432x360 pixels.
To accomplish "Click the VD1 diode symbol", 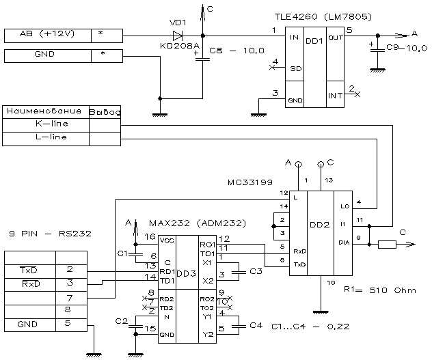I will point(178,36).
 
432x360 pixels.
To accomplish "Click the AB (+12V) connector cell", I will point(46,34).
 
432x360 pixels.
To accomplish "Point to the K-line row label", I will point(46,124).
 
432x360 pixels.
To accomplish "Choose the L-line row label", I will point(46,138).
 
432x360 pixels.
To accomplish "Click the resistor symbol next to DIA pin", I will point(388,244).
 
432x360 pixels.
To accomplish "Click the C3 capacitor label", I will point(256,272).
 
